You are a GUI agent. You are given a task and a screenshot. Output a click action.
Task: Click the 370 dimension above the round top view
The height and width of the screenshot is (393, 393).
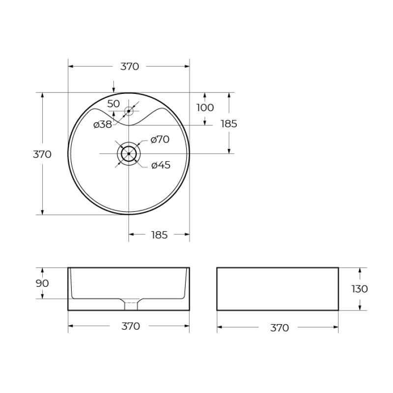pyautogui.click(x=130, y=67)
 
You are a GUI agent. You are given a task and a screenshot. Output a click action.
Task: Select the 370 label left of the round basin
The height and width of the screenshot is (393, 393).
pyautogui.click(x=42, y=154)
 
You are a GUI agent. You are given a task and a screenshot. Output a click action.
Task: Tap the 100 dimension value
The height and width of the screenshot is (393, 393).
pyautogui.click(x=205, y=108)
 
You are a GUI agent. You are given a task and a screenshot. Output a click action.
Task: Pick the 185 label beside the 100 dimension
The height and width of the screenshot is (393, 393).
pyautogui.click(x=229, y=124)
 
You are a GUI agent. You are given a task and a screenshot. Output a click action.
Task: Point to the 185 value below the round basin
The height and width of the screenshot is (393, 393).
pyautogui.click(x=159, y=235)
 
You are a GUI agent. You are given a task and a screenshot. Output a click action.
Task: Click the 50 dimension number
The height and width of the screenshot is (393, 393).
pyautogui.click(x=113, y=104)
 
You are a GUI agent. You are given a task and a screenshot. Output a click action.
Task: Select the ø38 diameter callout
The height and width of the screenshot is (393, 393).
pyautogui.click(x=103, y=125)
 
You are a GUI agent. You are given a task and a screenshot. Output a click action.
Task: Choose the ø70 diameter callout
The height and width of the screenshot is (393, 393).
pyautogui.click(x=160, y=140)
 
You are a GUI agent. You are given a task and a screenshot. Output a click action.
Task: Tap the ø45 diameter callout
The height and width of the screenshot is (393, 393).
pyautogui.click(x=161, y=166)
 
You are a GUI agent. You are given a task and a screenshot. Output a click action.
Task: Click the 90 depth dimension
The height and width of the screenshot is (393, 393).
pyautogui.click(x=42, y=283)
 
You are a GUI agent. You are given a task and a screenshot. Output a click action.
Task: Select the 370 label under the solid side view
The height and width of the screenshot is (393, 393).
pyautogui.click(x=280, y=328)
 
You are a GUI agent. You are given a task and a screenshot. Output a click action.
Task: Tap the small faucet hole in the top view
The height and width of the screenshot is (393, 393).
pyautogui.click(x=129, y=111)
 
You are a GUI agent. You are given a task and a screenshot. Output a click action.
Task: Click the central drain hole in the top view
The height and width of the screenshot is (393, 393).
pyautogui.click(x=129, y=154)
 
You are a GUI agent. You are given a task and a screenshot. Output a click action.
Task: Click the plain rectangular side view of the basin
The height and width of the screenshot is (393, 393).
pyautogui.click(x=278, y=289)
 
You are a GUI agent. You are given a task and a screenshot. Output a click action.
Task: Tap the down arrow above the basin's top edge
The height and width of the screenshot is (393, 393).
pyautogui.click(x=113, y=89)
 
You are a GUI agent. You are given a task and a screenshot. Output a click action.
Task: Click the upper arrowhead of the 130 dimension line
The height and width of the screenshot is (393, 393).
pyautogui.click(x=360, y=271)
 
